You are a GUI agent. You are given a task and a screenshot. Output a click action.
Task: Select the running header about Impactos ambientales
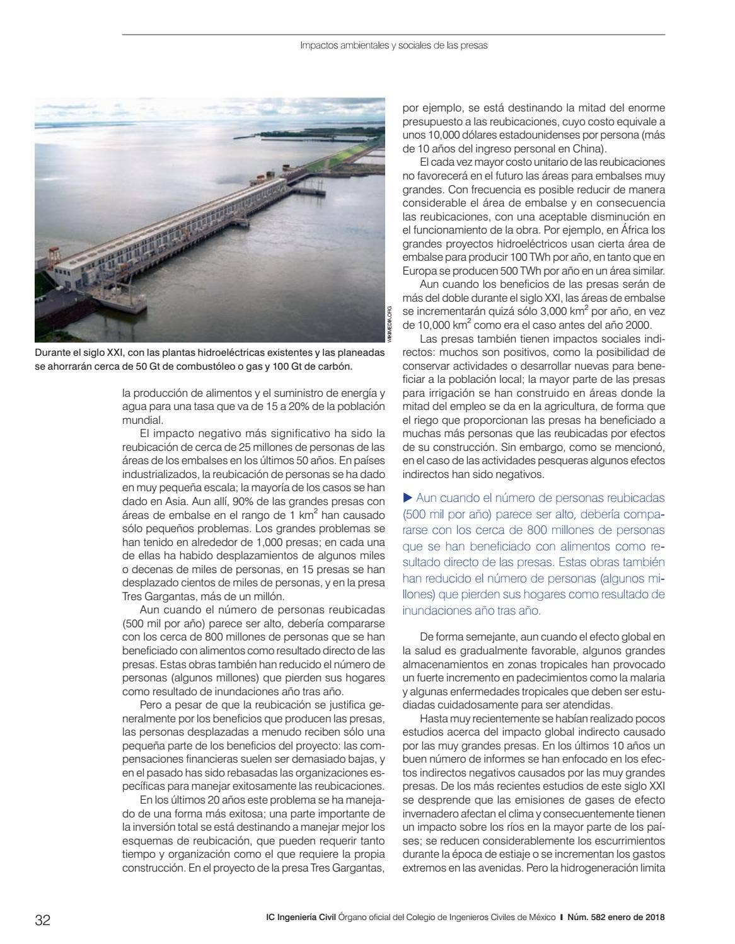394,46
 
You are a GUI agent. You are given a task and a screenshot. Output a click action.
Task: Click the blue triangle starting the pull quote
407,498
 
